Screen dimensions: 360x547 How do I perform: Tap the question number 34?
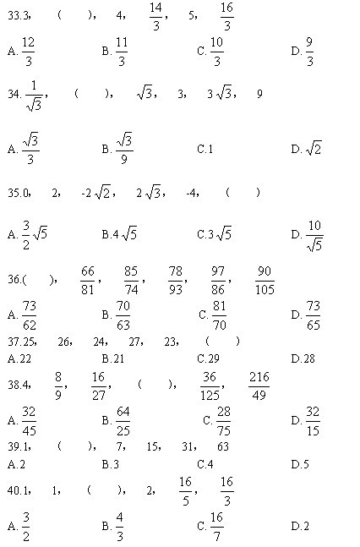coord(13,95)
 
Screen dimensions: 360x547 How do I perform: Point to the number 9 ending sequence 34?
coord(259,94)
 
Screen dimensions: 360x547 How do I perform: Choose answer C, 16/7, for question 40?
coord(216,525)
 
